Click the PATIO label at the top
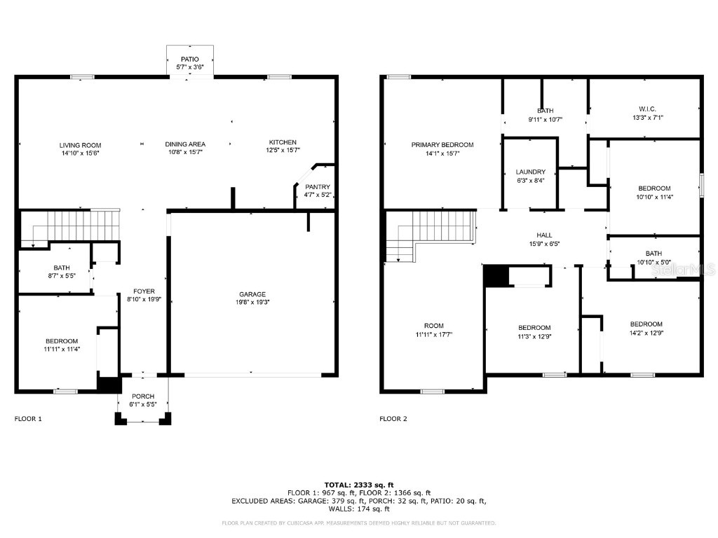point(189,60)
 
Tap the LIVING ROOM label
point(80,145)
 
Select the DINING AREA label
point(185,144)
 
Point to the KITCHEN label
point(283,142)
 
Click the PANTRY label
point(317,187)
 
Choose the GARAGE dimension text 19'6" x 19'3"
point(253,302)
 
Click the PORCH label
point(143,396)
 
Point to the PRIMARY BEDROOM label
point(442,145)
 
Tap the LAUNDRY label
point(530,172)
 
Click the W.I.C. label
point(646,109)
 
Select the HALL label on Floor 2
point(544,235)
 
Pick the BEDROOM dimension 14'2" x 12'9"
point(646,333)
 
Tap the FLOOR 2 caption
point(393,419)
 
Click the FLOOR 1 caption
point(28,419)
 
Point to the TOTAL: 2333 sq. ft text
point(358,484)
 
